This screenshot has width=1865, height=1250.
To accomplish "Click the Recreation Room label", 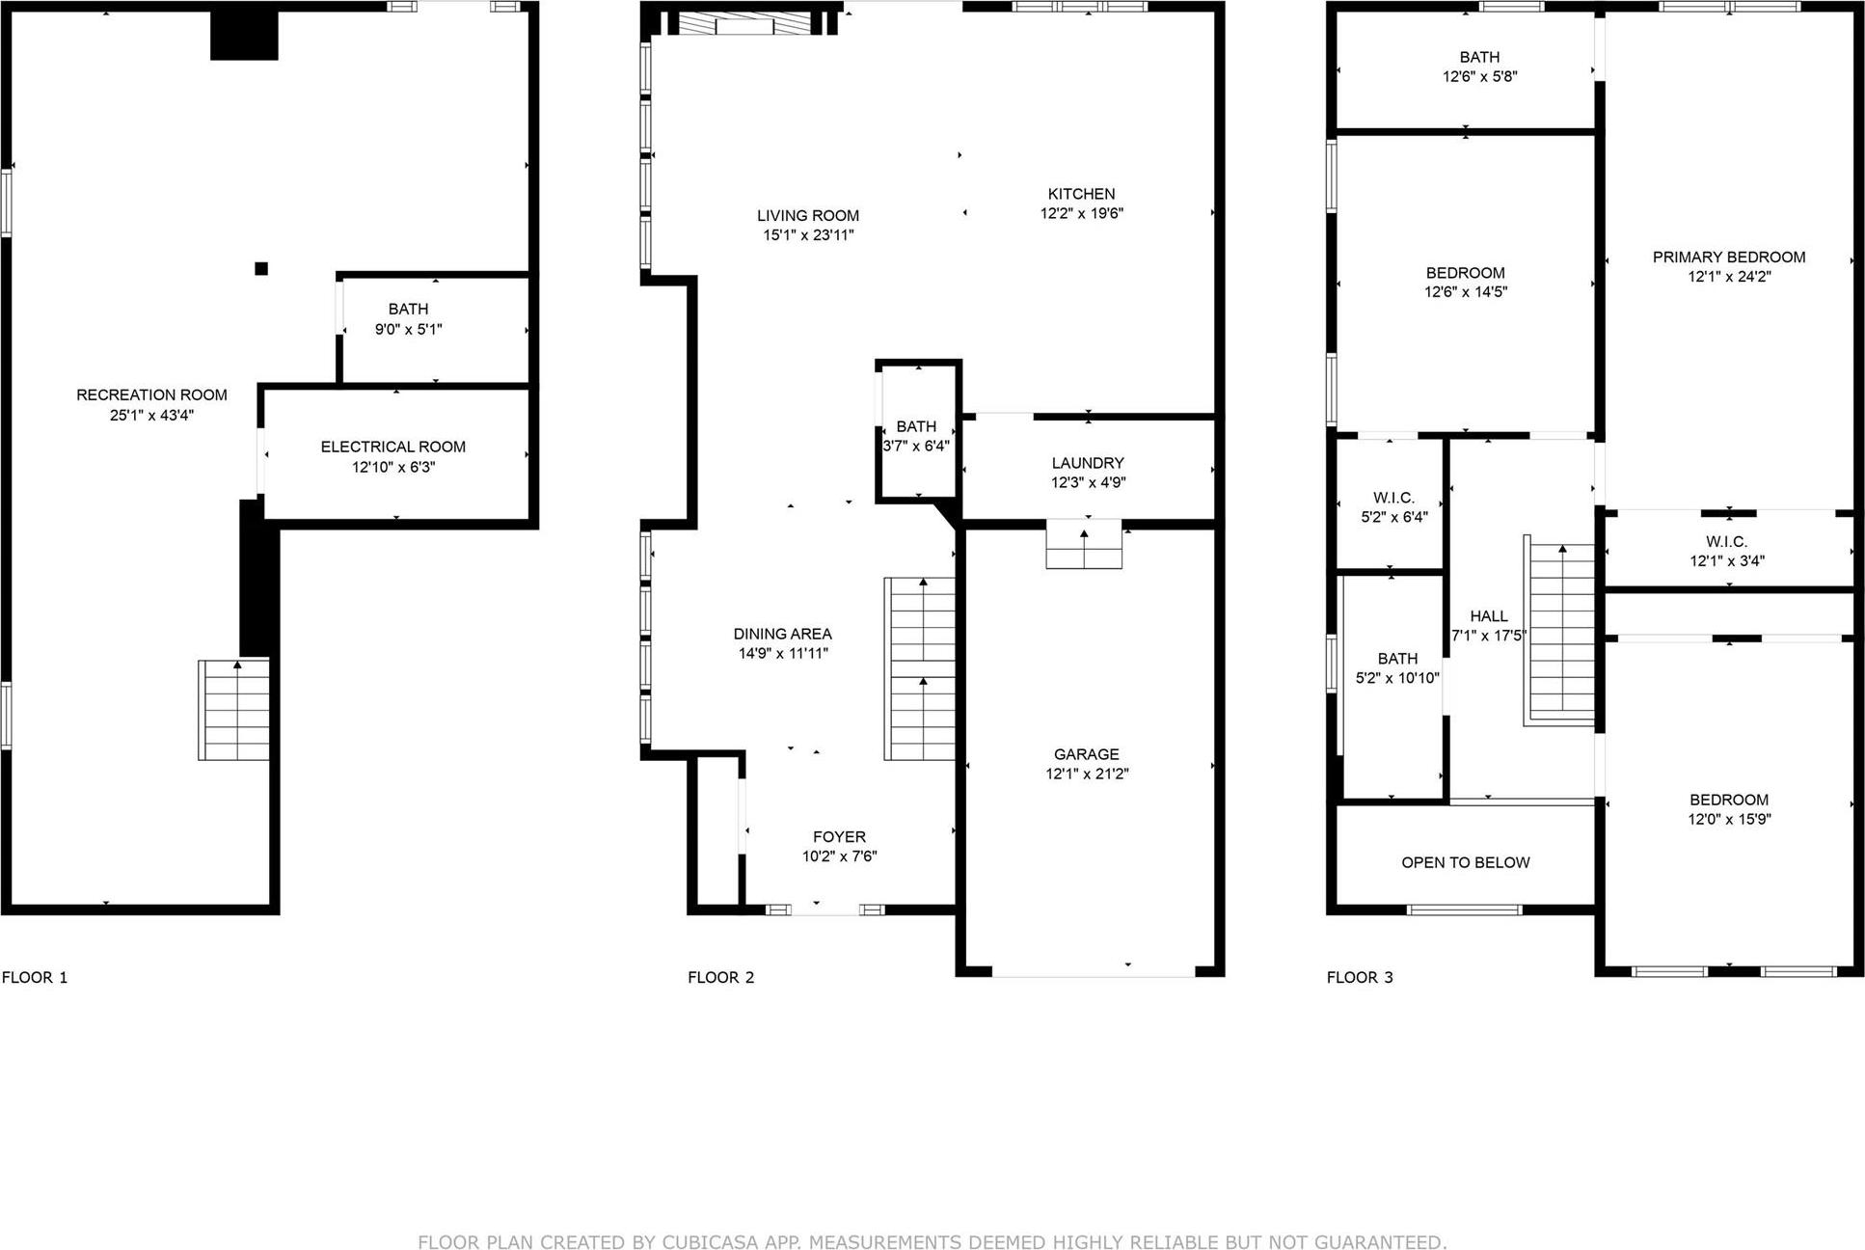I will tap(151, 394).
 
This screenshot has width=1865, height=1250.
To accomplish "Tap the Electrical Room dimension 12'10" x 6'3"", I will tap(393, 468).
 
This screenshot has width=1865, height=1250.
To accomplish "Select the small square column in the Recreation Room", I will tap(261, 269).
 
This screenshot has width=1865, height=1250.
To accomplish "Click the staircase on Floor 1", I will tap(234, 711).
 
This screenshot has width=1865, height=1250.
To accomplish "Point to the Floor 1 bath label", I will tap(408, 310).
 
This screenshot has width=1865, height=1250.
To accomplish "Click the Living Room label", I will tap(807, 216).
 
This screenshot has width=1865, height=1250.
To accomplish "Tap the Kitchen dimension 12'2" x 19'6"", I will tap(1081, 214).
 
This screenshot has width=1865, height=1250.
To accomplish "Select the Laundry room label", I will tap(1088, 463).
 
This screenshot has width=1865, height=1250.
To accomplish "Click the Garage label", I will tap(1086, 754).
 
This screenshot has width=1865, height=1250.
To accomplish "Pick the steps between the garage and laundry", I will tap(1085, 546).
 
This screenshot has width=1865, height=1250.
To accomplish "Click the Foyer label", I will tap(839, 837).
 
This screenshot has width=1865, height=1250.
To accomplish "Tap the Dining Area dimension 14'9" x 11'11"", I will tap(783, 654).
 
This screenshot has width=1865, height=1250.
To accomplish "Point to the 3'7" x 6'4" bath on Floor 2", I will tap(916, 436).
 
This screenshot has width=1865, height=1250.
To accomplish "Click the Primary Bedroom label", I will tap(1728, 258).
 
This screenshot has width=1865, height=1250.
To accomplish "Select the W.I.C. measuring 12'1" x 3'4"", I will tap(1726, 552).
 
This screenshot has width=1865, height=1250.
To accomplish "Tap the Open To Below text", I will tap(1465, 863).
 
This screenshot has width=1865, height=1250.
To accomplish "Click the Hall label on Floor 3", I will tap(1488, 616).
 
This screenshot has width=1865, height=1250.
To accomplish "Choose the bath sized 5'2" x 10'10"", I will tap(1396, 668).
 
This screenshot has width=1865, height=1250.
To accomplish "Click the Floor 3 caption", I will tap(1359, 978).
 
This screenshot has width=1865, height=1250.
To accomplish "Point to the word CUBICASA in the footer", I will tap(707, 1242).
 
